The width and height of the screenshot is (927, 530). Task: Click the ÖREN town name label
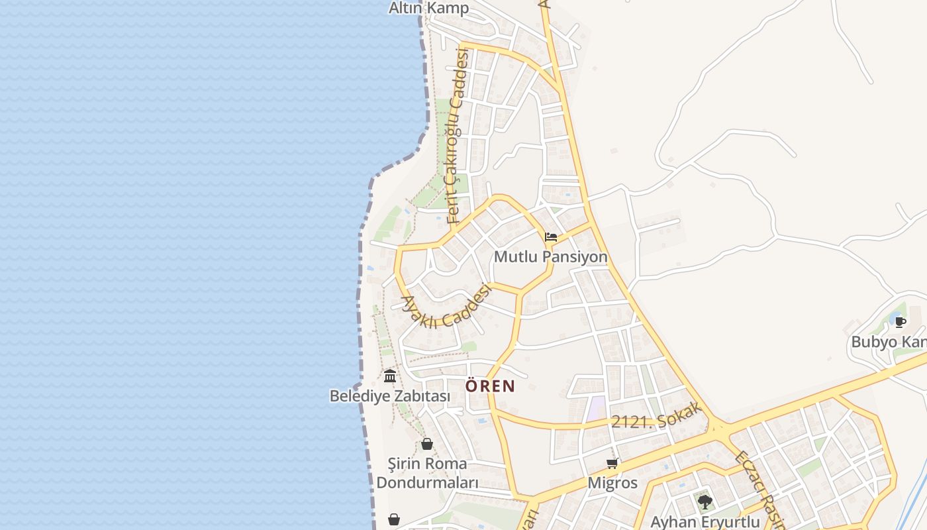(x=490, y=386)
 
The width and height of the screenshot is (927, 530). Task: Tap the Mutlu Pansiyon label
(x=550, y=256)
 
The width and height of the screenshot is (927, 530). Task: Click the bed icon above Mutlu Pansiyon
(x=550, y=237)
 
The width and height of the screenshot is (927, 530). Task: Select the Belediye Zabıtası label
(x=389, y=396)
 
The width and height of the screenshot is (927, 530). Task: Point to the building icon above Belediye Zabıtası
(x=390, y=376)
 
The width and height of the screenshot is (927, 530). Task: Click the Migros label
(x=612, y=482)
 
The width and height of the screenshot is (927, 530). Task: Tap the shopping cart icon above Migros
(x=612, y=463)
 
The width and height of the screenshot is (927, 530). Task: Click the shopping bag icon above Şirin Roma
(x=427, y=443)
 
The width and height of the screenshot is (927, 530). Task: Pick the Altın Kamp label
(x=428, y=8)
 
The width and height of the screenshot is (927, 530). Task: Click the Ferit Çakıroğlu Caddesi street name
(x=458, y=136)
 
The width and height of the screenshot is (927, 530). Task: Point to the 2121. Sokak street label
(x=656, y=416)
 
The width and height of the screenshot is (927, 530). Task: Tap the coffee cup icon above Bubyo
(x=900, y=322)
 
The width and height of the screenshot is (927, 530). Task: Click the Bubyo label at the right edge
(x=888, y=342)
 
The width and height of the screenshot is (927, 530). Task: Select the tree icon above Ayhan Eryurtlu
(x=705, y=502)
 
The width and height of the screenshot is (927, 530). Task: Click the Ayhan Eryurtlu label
(x=705, y=521)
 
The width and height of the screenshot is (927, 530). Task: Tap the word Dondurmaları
(x=427, y=482)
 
